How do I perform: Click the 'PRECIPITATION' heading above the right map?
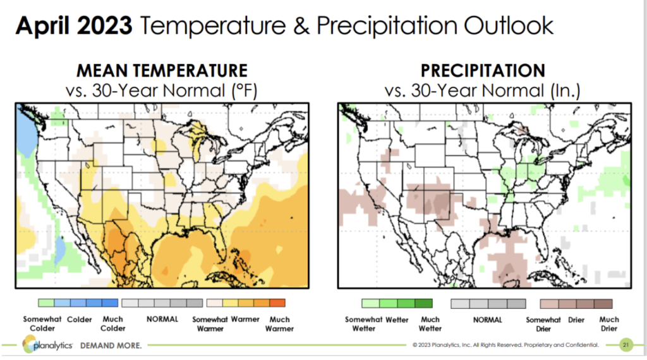pos(483,70)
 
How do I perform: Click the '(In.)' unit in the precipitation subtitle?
pos(562,90)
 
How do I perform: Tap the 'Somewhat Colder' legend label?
pos(42,323)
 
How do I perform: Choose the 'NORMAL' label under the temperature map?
pos(162,320)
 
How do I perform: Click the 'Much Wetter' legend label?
pos(430,324)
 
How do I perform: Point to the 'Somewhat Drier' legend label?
pos(543,324)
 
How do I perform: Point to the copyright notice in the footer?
pos(505,345)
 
